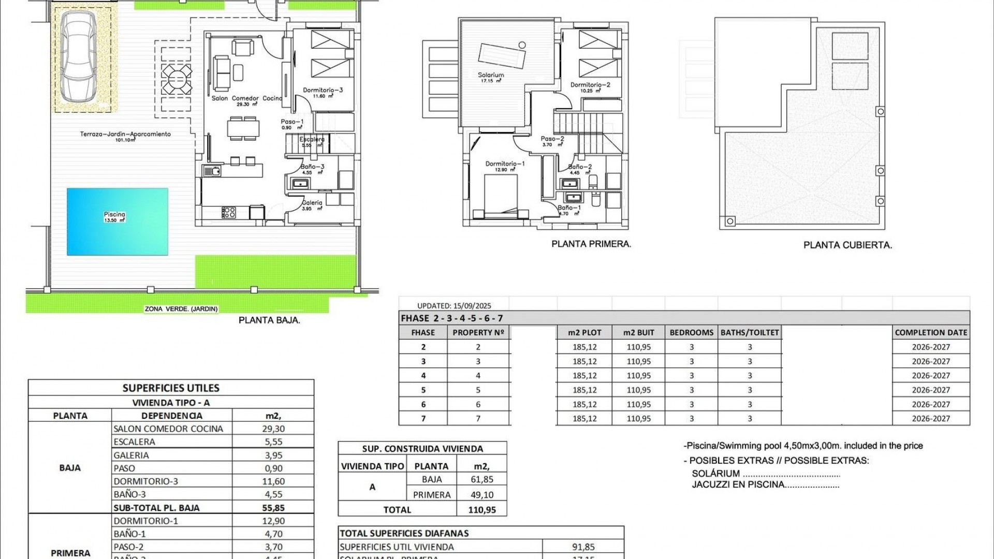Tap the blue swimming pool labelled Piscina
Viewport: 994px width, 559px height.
pyautogui.click(x=117, y=221)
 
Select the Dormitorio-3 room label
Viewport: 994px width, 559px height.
pyautogui.click(x=323, y=90)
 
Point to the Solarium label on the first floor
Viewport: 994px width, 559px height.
pyautogui.click(x=491, y=75)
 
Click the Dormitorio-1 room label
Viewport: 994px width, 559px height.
pyautogui.click(x=505, y=164)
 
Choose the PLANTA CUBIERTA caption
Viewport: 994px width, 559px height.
pyautogui.click(x=847, y=245)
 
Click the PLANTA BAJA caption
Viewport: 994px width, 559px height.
pyautogui.click(x=269, y=320)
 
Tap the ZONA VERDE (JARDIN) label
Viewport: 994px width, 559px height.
pyautogui.click(x=181, y=309)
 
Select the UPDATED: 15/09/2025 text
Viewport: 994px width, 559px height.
pyautogui.click(x=454, y=306)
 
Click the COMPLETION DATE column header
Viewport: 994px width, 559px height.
pyautogui.click(x=931, y=333)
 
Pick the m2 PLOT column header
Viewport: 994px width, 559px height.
pyautogui.click(x=584, y=333)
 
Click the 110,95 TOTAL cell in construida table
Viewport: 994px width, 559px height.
pyautogui.click(x=482, y=510)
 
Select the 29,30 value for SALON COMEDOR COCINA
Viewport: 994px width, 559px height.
pyautogui.click(x=273, y=429)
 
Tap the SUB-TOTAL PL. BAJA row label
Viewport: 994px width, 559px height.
pyautogui.click(x=156, y=508)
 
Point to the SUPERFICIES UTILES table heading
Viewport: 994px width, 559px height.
pyautogui.click(x=171, y=388)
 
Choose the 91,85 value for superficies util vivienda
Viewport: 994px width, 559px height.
pyautogui.click(x=583, y=547)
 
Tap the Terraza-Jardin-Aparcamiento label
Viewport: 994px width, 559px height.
pyautogui.click(x=125, y=134)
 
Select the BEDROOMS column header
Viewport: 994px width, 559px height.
pyautogui.click(x=691, y=333)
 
